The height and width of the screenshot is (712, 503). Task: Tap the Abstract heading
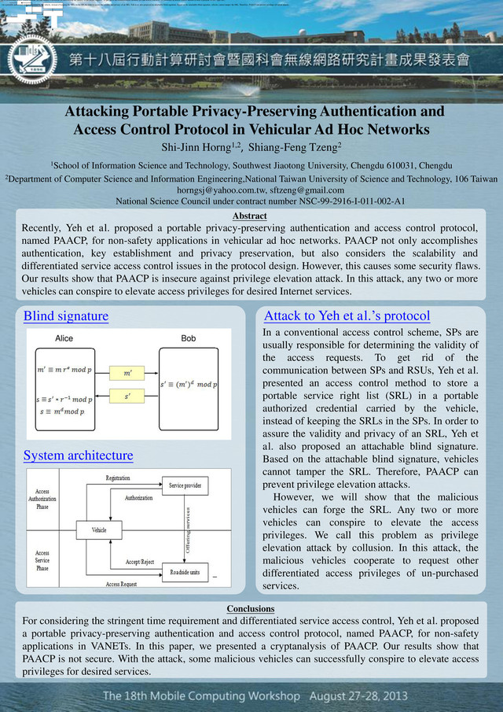click(251, 216)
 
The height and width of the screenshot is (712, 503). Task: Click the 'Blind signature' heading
click(66, 316)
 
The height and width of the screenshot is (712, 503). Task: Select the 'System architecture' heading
click(79, 456)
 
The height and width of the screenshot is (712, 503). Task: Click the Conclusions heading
click(251, 609)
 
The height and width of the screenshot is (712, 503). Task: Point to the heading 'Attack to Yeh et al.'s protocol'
click(347, 316)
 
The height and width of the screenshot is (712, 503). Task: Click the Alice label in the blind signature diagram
click(64, 338)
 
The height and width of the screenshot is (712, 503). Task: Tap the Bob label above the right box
click(189, 338)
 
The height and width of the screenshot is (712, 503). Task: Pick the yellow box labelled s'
click(128, 397)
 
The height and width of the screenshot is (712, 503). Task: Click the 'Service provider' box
click(185, 486)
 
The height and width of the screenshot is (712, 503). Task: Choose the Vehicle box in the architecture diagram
click(99, 530)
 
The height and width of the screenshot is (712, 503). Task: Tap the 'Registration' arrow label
click(118, 478)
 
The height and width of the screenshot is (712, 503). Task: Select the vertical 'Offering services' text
click(189, 529)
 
